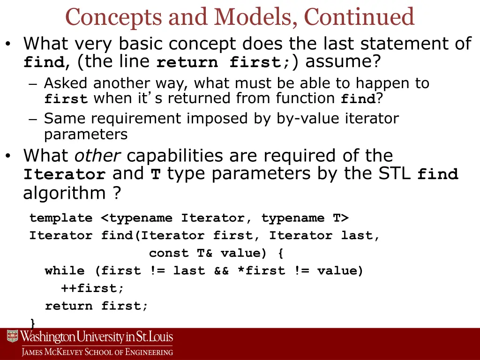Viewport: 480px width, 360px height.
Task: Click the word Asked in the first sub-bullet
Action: (66, 83)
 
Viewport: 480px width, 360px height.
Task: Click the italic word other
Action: (98, 156)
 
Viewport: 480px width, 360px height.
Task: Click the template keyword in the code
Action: (61, 218)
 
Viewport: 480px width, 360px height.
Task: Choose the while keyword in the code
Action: (65, 271)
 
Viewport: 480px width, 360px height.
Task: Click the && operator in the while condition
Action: (221, 271)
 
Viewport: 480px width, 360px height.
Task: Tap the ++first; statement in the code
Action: (92, 288)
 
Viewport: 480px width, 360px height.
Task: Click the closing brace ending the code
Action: (32, 322)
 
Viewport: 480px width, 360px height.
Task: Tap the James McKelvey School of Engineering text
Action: (97, 352)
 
